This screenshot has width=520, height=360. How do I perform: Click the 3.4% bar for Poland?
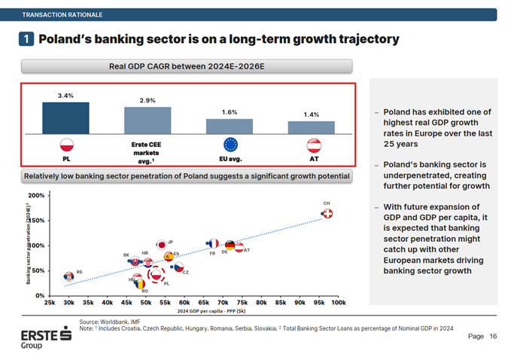pos(65,117)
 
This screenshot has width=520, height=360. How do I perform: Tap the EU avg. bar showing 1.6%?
pos(230,125)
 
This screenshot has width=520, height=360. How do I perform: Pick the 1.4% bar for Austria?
pos(312,127)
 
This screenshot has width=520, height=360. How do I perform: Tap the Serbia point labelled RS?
pos(69,276)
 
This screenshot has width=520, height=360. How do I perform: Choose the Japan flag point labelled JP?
pos(161,245)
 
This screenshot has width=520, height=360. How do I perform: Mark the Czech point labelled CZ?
pos(178,267)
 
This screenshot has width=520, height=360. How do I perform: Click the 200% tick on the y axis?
pos(35,196)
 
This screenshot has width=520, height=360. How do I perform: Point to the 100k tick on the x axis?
pos(338,302)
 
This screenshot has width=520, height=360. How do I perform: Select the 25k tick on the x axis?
pos(50,302)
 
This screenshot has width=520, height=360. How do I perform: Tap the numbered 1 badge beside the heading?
pos(25,38)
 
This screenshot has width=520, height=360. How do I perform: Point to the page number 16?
pos(493,337)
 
